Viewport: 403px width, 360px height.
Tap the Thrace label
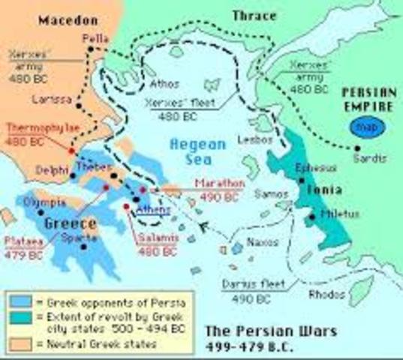point(254,16)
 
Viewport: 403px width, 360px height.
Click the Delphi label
point(50,171)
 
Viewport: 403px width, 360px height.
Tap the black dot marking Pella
point(90,49)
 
